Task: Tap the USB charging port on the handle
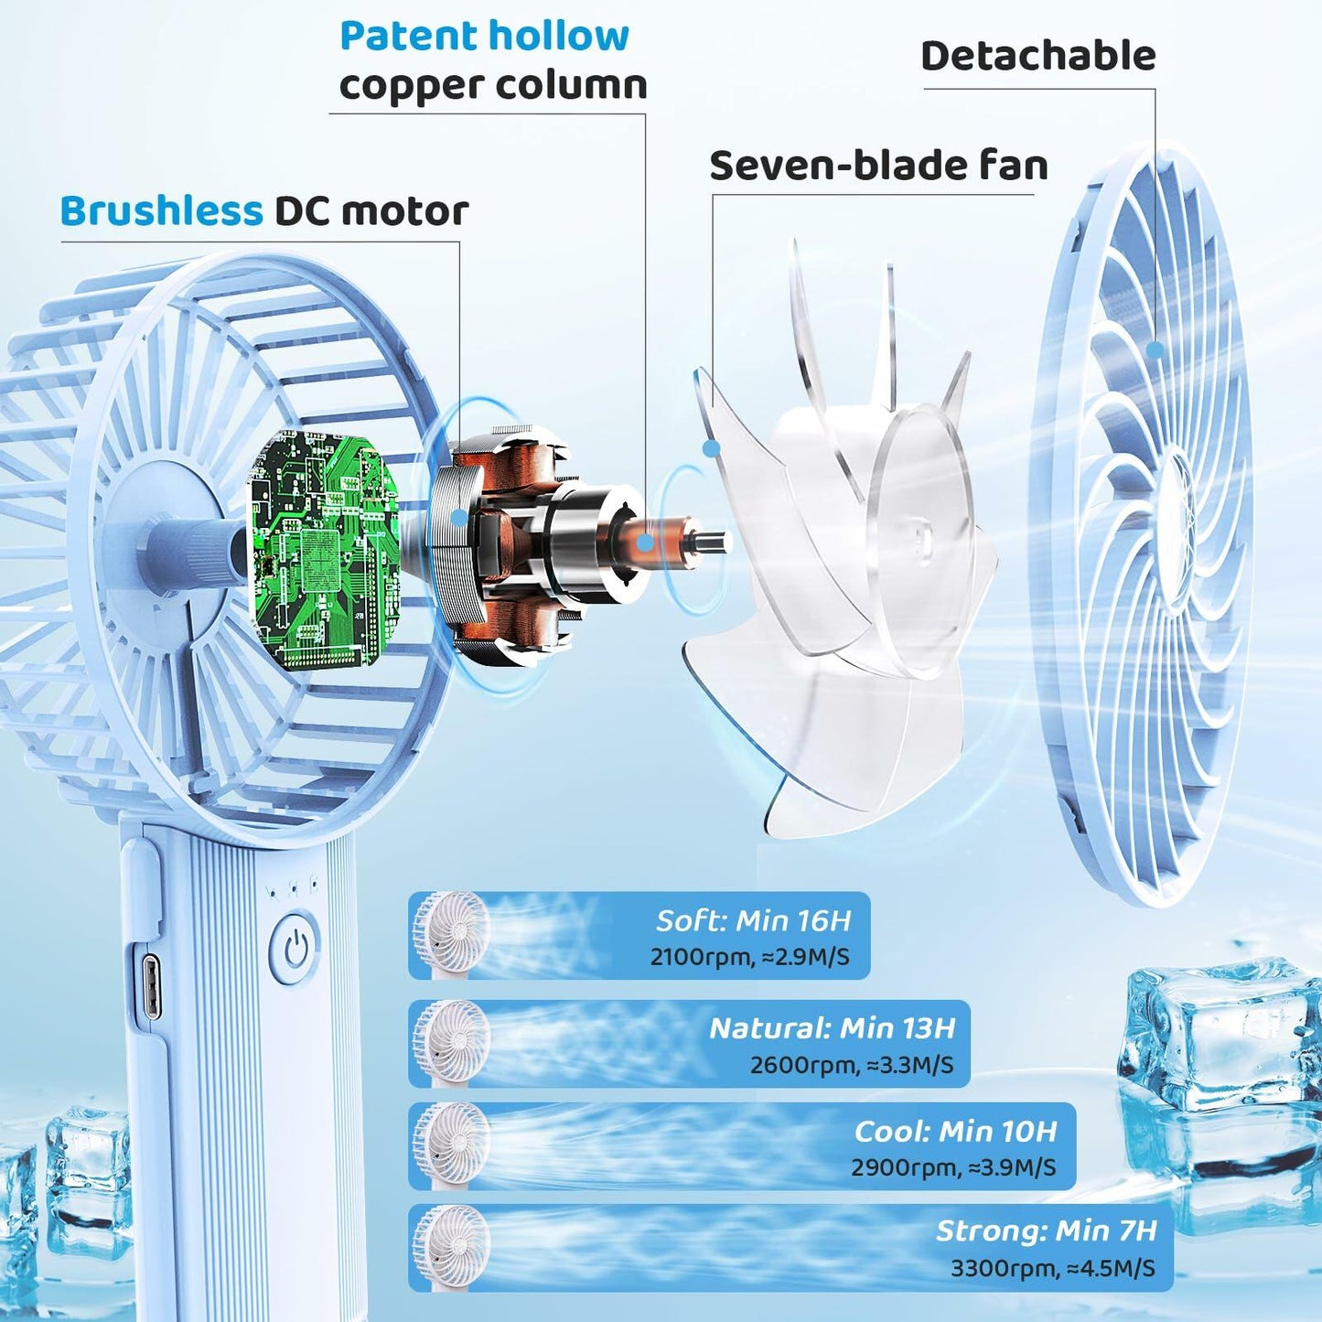click(x=152, y=987)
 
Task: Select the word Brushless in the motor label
click(x=162, y=211)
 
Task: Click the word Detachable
click(x=1038, y=56)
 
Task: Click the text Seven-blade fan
click(x=879, y=166)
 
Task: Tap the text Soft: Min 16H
click(x=753, y=920)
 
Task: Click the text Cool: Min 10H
click(x=955, y=1132)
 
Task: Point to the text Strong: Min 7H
click(x=1047, y=1231)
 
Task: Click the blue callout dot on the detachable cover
click(x=1156, y=350)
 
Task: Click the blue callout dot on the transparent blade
click(x=712, y=449)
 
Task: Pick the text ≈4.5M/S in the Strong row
click(x=1112, y=1268)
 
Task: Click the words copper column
click(x=493, y=86)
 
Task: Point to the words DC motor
click(x=371, y=211)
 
